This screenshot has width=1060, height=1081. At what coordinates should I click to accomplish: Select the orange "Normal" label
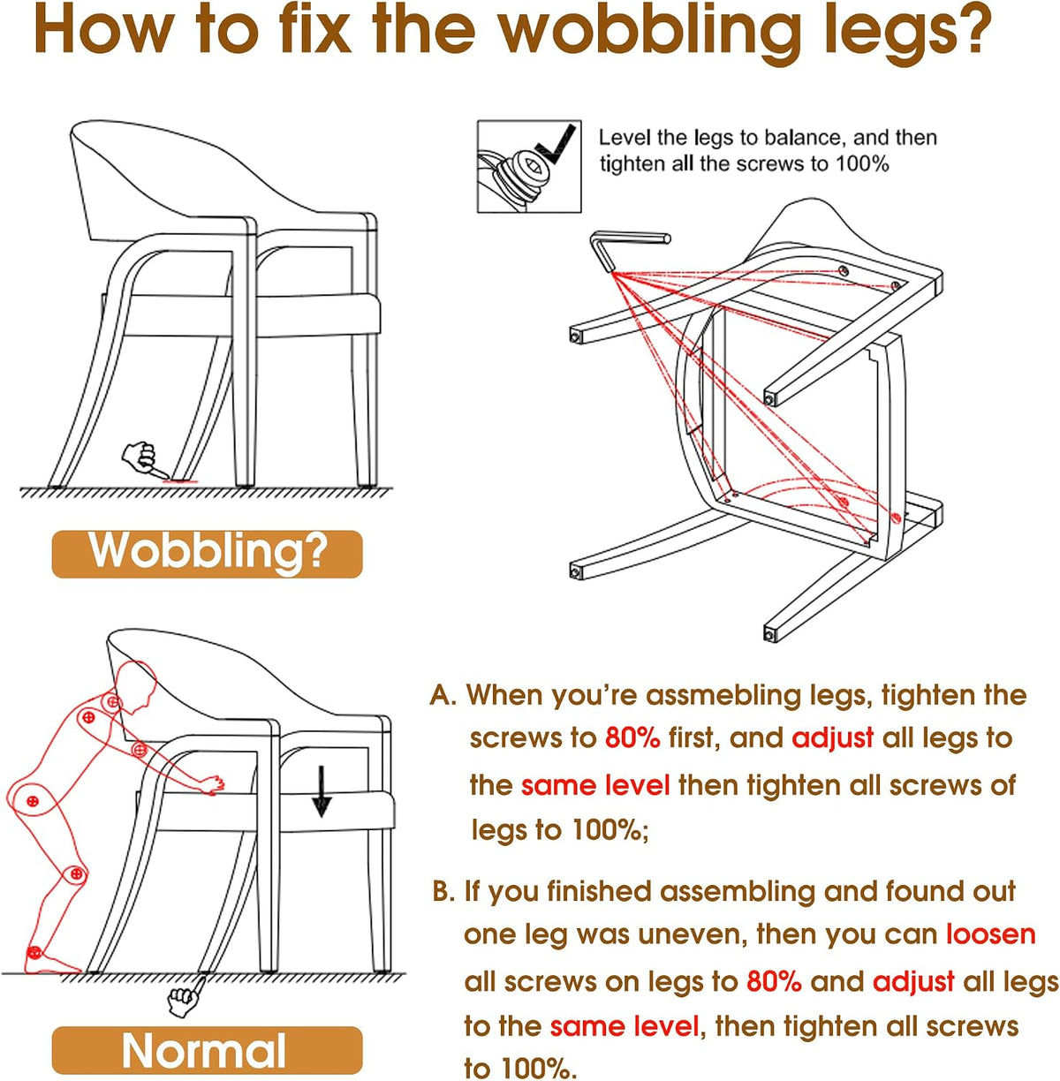point(207,1049)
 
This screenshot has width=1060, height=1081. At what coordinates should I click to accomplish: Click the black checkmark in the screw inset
point(556,145)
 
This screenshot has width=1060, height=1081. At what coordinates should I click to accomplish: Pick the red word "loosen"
point(990,934)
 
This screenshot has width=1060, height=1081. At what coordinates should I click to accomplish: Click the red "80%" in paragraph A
point(632,737)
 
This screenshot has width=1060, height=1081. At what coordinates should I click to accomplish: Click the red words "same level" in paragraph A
point(595,785)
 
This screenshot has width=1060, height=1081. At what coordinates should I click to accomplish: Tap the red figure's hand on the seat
point(213,784)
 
